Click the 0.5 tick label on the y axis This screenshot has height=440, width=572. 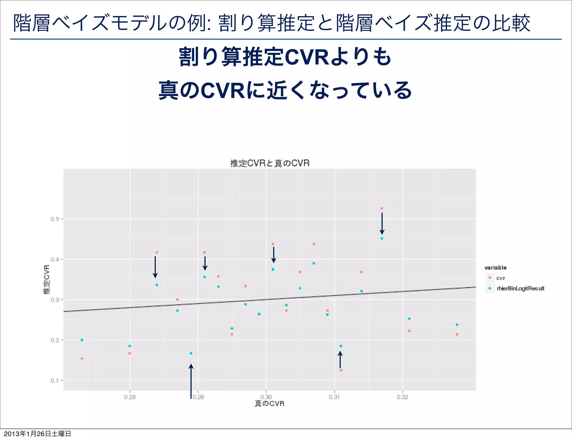point(55,219)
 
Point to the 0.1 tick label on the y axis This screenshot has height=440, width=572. point(55,381)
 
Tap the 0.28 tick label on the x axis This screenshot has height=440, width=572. point(130,397)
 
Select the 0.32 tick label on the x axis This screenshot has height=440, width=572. point(402,397)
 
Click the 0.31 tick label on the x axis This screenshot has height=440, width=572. point(334,397)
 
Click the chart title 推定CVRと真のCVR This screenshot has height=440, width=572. point(270,163)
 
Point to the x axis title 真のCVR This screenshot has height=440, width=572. point(270,403)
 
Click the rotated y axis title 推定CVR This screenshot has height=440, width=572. point(47,279)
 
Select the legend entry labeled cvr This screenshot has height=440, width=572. point(500,278)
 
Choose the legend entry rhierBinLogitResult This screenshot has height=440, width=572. point(520,288)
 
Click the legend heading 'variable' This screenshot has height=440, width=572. point(495,267)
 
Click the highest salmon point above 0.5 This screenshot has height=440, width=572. point(382,208)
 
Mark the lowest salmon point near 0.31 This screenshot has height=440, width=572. point(341,370)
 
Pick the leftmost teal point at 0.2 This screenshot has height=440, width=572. point(82,340)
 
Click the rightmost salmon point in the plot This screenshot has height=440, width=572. point(457,334)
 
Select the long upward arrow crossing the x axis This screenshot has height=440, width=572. point(191,381)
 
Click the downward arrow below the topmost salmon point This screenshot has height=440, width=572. point(382,224)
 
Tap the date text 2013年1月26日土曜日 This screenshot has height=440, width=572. point(37,434)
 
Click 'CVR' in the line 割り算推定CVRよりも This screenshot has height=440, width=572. point(306,57)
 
